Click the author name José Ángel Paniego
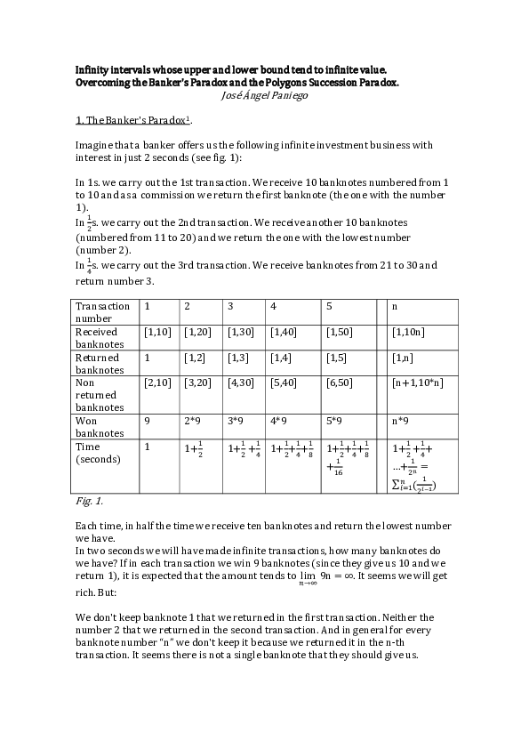[263, 95]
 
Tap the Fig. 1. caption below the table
[88, 502]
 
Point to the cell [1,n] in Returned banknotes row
[402, 358]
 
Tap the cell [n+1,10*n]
[417, 383]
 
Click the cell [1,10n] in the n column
[407, 332]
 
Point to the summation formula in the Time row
[414, 484]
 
